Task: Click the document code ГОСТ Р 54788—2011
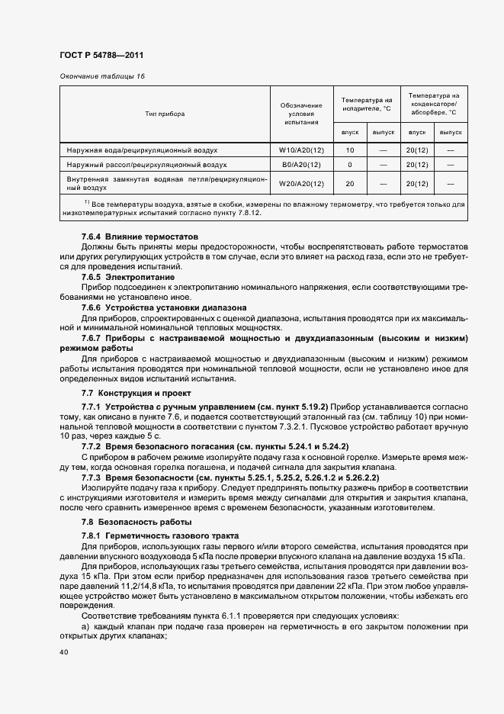click(x=101, y=56)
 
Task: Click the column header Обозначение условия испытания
click(x=301, y=113)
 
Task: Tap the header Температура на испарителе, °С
click(x=367, y=104)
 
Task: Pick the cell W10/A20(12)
click(x=301, y=150)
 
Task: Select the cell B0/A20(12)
click(x=301, y=164)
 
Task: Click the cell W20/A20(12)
click(x=301, y=183)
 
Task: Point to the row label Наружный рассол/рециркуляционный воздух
click(x=146, y=164)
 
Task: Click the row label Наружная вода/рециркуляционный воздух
click(x=142, y=150)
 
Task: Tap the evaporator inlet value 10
click(x=350, y=150)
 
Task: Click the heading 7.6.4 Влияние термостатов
click(x=140, y=237)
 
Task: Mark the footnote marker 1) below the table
click(x=87, y=202)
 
